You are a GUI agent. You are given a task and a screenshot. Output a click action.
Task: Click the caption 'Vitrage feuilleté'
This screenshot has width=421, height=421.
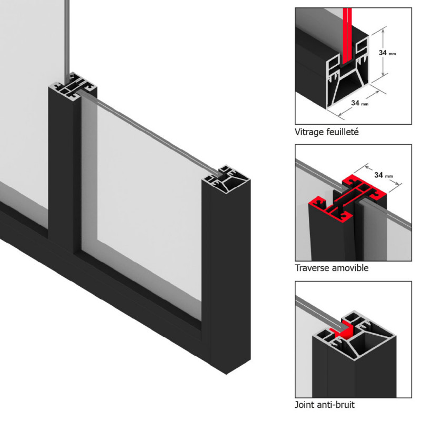pos(326,132)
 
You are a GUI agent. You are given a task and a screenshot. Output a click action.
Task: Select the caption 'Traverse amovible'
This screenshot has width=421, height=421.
pos(332,268)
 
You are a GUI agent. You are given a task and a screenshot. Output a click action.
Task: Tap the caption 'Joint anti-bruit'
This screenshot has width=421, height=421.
pos(325,405)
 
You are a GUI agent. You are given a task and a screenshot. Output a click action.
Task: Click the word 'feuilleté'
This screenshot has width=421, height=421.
pos(343,132)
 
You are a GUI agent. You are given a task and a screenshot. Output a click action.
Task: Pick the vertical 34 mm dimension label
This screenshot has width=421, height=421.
pos(387,53)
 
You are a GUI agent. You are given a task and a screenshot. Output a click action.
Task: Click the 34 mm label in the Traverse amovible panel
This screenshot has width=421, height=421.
pos(384,175)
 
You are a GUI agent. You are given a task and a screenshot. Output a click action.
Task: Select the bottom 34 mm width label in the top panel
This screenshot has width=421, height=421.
pos(360,103)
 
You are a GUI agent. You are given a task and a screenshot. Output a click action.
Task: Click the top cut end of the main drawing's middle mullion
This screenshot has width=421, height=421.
pos(73,86)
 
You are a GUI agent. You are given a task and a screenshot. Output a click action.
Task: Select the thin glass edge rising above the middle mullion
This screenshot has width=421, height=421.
pos(67,41)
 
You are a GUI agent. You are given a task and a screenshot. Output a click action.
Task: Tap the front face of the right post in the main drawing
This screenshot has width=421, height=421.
pos(230,277)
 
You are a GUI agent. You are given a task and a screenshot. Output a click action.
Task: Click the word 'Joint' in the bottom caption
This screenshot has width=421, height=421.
pos(305,405)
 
